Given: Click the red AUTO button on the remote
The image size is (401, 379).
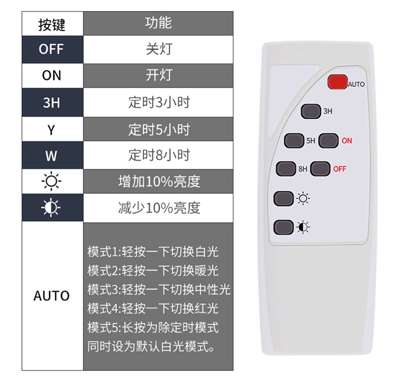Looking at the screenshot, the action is point(337,82).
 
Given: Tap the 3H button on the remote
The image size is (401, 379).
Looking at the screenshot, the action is point(311,111).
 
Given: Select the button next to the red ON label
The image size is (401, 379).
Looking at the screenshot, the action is point(328,140).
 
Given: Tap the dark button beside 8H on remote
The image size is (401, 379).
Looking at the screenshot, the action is point(286,169).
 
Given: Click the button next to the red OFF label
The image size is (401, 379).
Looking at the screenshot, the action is point(320,169).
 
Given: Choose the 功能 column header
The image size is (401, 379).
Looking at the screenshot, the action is point(158,23).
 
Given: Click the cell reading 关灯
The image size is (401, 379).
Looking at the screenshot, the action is point(158,49).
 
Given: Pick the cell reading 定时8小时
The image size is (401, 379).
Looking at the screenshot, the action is point(158,155).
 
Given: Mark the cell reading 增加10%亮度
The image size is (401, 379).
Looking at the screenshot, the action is point(158,181).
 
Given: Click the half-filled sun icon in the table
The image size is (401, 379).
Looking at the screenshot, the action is point(51,208).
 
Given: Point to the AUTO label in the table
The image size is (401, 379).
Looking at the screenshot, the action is point(52,296).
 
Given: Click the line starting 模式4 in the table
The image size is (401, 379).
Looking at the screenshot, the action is point(153,308).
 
